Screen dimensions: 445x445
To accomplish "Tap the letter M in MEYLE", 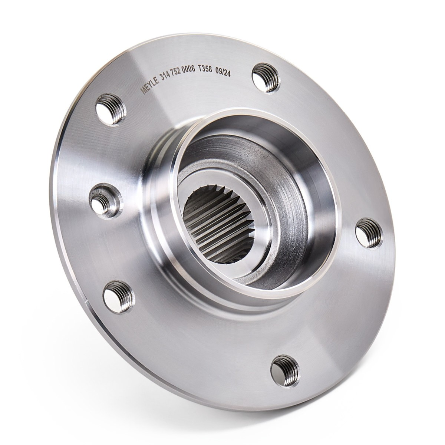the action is click(144, 91).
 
